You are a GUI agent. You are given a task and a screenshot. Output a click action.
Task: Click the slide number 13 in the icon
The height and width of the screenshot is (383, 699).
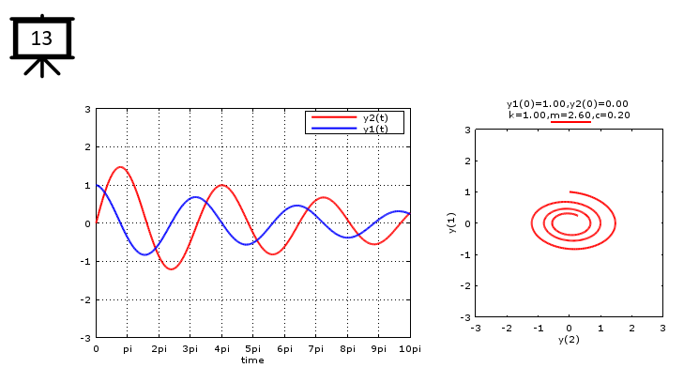pos(41,38)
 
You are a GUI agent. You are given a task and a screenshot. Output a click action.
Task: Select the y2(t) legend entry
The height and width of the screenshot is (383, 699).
pos(375,117)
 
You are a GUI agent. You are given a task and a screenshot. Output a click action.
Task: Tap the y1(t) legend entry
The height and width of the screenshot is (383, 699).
pos(375,129)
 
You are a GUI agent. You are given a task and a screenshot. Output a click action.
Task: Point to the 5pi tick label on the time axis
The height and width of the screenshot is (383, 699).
pos(253,348)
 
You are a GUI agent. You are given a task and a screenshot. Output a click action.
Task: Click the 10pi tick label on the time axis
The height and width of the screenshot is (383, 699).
pos(409,348)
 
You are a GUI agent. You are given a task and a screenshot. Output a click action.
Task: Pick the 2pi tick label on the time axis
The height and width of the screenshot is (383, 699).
pos(159,348)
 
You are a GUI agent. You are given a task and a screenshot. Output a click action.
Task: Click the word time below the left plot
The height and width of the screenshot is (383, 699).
pos(252,360)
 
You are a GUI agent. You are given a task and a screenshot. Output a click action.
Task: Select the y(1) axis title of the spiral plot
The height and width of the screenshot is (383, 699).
pos(452,223)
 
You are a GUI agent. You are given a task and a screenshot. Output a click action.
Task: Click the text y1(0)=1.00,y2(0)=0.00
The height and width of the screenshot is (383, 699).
pos(568,103)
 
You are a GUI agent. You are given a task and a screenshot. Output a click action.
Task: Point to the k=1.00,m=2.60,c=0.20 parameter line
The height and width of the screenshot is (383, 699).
pos(569,115)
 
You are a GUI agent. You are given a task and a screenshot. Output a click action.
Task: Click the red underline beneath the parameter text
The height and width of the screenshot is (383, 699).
pos(570,122)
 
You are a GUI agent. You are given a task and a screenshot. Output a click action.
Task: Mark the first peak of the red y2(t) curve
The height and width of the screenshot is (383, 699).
pos(120,167)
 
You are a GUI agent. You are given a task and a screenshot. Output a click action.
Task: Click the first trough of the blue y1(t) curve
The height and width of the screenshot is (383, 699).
pos(145,254)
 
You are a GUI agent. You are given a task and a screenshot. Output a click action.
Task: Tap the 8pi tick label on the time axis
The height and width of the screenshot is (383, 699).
pos(347,348)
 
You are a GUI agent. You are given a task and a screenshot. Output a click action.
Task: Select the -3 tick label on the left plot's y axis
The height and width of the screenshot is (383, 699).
pos(86,337)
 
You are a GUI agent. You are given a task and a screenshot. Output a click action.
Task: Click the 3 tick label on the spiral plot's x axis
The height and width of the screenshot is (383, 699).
pos(662,328)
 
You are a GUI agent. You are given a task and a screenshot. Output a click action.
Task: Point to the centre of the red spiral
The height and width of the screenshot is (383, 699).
pos(568,222)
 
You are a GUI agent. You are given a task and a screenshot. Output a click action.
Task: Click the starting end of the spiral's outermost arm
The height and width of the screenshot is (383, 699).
pos(570,192)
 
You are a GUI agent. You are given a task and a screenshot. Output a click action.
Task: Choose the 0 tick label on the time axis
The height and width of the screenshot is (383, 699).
pos(96,348)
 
